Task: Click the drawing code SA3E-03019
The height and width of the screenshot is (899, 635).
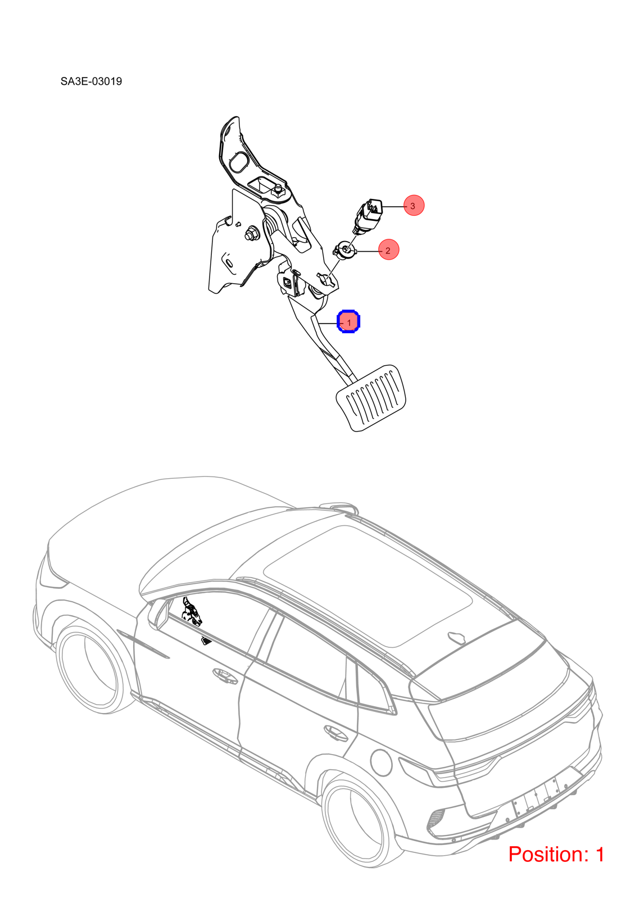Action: (91, 81)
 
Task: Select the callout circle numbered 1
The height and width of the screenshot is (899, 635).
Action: (348, 322)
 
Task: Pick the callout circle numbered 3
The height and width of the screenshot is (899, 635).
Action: (414, 205)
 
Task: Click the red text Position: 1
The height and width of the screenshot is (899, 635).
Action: (556, 854)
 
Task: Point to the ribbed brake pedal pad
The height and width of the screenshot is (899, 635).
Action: (371, 398)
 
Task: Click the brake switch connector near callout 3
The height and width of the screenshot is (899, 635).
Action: (368, 215)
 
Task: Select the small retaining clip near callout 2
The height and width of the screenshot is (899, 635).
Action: (344, 250)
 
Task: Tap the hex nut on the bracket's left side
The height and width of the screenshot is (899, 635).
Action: (252, 234)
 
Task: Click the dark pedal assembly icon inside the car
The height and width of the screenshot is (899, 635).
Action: (192, 612)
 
